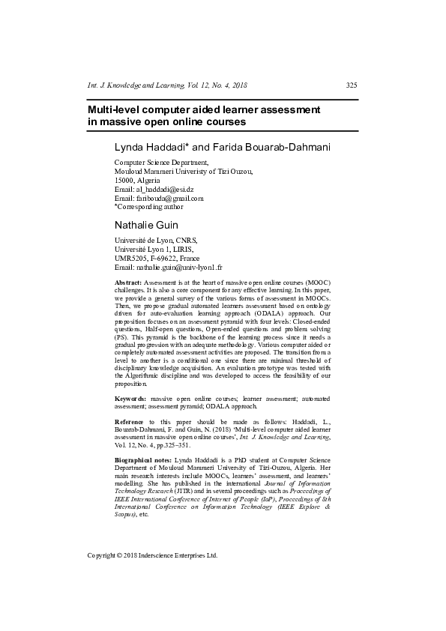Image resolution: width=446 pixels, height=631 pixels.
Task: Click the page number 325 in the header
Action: [352, 86]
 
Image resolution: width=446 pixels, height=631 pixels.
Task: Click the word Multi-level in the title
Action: [111, 109]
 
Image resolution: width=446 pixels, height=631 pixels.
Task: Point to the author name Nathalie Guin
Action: [145, 224]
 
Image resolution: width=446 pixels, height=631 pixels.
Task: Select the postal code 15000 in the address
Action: [125, 181]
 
